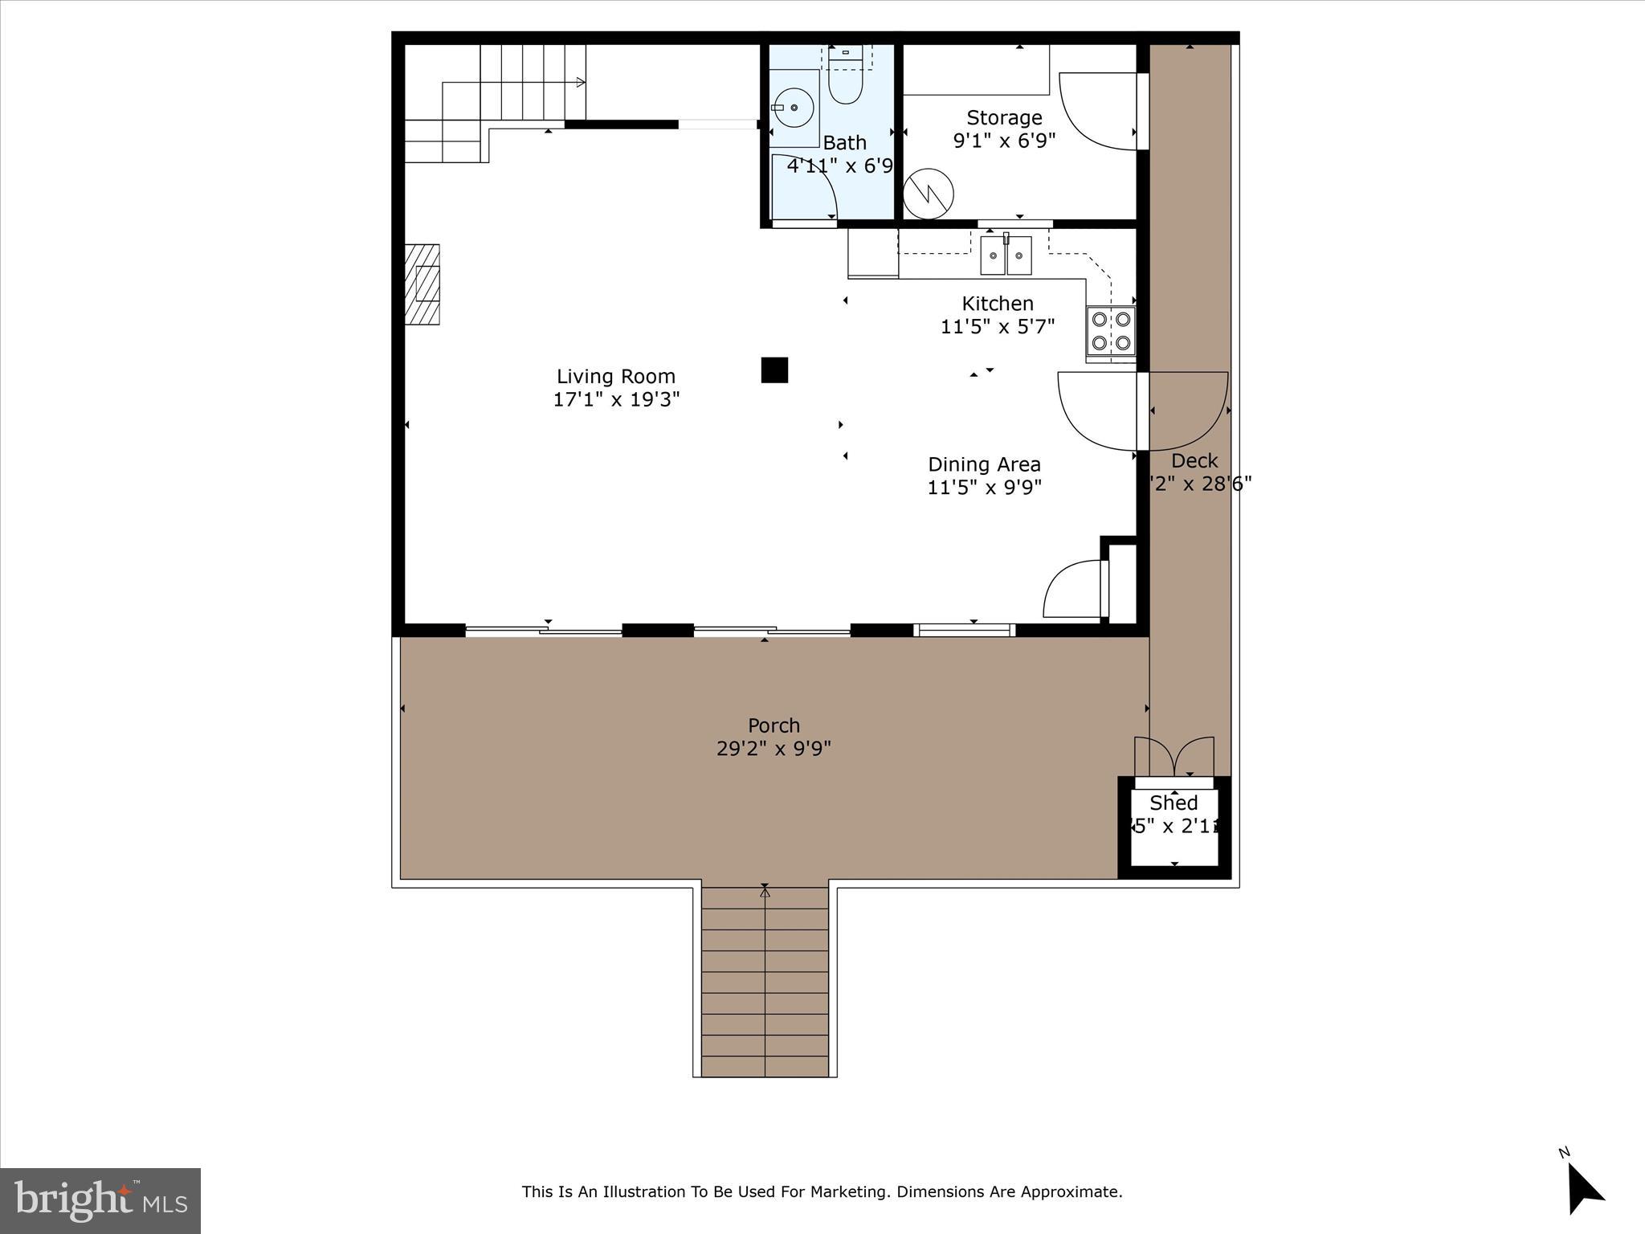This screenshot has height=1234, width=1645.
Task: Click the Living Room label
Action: tap(615, 376)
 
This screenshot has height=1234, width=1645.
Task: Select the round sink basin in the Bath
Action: tap(794, 107)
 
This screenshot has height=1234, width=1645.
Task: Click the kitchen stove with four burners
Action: tap(1112, 330)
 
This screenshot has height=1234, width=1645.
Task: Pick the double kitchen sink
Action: tap(1006, 255)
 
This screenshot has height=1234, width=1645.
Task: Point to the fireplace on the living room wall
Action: tap(422, 284)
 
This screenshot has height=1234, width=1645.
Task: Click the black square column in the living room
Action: tap(774, 370)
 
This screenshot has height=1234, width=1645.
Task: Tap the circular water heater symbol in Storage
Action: tap(928, 194)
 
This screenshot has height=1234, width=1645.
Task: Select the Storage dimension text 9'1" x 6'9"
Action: tap(1004, 141)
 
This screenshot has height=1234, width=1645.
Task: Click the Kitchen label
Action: tap(997, 304)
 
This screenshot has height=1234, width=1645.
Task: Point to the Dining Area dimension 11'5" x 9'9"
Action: tap(984, 488)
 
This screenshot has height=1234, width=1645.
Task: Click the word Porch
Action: tap(774, 725)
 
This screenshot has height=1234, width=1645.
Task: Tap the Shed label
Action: tap(1174, 803)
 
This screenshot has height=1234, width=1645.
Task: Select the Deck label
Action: tap(1194, 461)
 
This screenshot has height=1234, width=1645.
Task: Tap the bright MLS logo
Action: tap(100, 1201)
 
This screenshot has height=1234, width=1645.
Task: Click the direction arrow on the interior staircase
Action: tap(579, 82)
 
